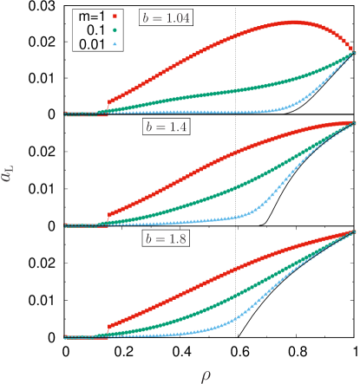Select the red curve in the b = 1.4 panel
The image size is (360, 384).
217,165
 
